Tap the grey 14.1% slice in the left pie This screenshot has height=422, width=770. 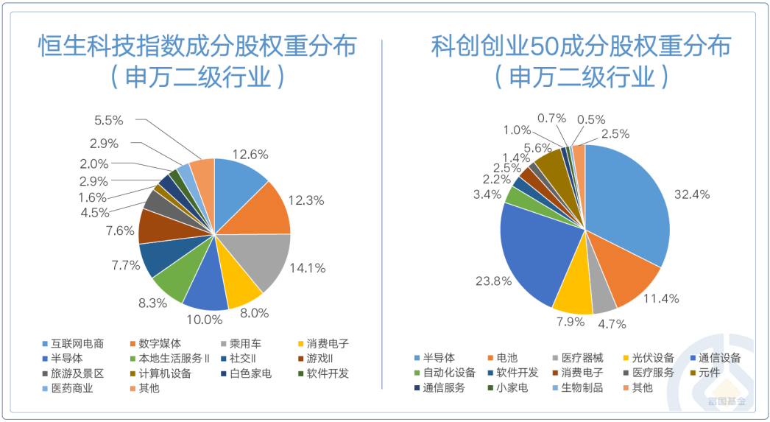tap(258, 261)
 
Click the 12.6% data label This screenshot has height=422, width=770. tap(250, 155)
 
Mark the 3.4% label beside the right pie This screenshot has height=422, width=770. tap(487, 195)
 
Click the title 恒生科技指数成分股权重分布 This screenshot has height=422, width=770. tap(197, 46)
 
